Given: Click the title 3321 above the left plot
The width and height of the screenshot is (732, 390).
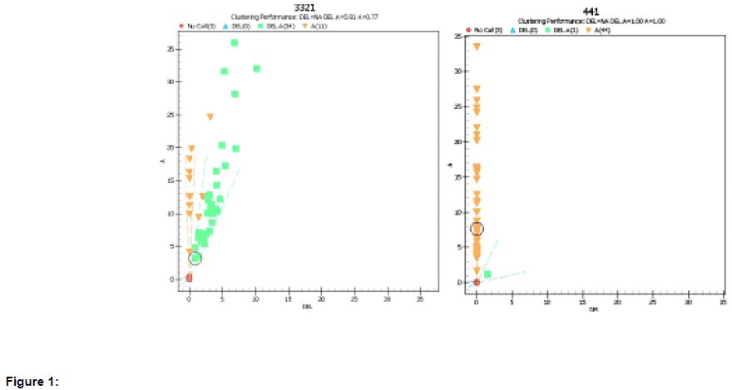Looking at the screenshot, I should coord(305,7).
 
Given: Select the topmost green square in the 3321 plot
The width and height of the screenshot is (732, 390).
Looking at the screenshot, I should coord(235,42).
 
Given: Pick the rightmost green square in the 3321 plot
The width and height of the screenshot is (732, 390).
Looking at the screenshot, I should coord(256,68).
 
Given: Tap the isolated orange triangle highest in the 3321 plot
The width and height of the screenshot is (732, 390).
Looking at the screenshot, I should coord(210,116).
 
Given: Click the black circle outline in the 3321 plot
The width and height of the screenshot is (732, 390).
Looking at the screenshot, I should coord(195,258).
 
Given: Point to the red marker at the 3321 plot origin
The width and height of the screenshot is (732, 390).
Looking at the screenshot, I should coord(189,278).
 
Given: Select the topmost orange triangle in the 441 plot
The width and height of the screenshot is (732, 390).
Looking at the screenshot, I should coord(477,47).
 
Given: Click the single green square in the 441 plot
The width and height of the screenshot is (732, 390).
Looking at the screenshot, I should coord(487,274).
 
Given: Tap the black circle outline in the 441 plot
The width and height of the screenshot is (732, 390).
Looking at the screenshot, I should coord(477,229).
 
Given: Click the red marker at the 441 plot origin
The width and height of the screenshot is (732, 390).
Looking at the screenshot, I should coord(477,282).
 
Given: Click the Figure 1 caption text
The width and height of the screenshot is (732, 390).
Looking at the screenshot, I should coord(32,382).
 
